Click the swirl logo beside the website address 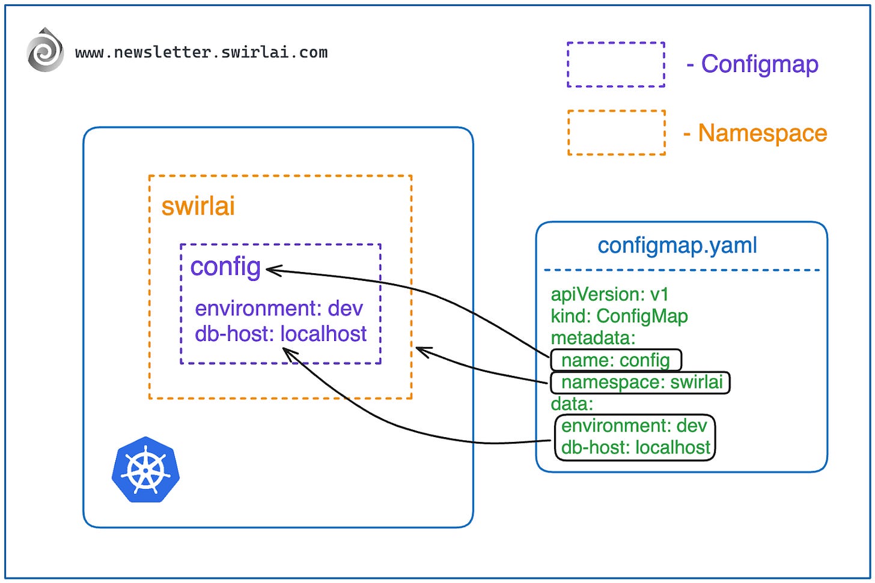point(45,50)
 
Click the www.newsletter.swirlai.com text point(201,53)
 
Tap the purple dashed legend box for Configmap point(616,65)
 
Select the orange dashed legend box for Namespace point(616,133)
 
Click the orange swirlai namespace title point(198,206)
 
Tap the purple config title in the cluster point(225,267)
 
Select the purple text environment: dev point(279,309)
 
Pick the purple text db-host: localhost point(281,334)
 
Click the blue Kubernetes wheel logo point(145,470)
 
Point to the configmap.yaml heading point(677,246)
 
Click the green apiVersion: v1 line point(609,294)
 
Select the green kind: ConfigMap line point(619,316)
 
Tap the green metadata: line point(593,337)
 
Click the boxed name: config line point(615,360)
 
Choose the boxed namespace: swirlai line point(641,382)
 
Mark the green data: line point(572,403)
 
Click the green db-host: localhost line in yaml point(636,447)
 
